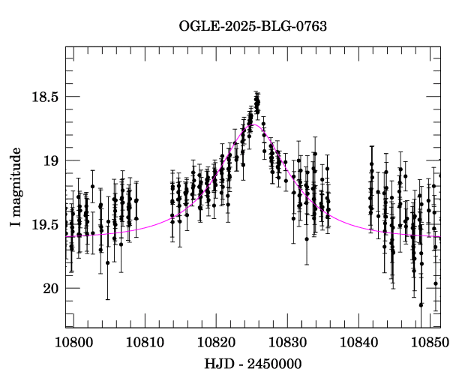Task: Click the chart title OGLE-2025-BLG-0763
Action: click(253, 26)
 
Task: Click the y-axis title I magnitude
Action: click(16, 187)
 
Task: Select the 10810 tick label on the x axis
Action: click(143, 342)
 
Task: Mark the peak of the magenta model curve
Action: click(256, 125)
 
